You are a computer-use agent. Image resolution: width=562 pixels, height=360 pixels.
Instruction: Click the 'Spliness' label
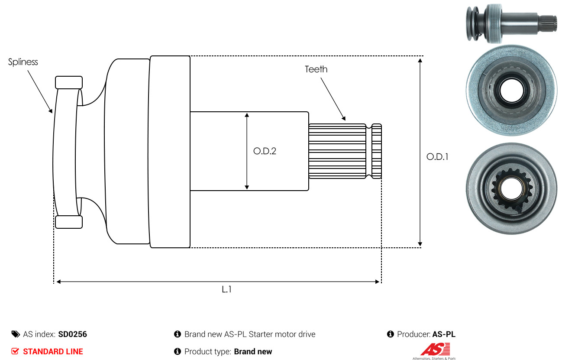click(x=23, y=62)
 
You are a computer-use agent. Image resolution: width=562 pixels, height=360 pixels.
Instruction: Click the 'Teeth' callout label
click(x=316, y=69)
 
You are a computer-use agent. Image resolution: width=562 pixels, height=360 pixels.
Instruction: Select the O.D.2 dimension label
click(x=265, y=151)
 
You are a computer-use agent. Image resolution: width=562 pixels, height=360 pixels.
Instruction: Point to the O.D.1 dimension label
click(x=437, y=157)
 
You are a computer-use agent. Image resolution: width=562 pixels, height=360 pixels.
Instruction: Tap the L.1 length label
click(x=226, y=289)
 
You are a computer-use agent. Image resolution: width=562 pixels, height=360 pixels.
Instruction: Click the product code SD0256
click(x=72, y=334)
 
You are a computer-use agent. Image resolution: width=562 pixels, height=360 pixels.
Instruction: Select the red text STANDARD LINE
click(x=53, y=351)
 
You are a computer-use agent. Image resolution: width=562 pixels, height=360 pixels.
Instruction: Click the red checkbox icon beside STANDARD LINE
click(x=15, y=351)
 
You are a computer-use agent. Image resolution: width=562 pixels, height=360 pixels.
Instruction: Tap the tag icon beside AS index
click(x=16, y=334)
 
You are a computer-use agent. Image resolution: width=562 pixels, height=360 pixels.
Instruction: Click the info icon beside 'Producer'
click(x=390, y=334)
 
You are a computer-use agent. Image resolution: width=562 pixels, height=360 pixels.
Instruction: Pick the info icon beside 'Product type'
click(x=177, y=351)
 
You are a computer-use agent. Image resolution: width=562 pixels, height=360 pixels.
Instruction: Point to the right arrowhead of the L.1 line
click(x=378, y=282)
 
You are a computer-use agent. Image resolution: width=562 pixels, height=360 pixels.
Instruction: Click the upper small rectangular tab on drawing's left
click(x=69, y=82)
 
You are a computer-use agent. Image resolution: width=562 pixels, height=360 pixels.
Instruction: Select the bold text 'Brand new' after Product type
click(x=253, y=351)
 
